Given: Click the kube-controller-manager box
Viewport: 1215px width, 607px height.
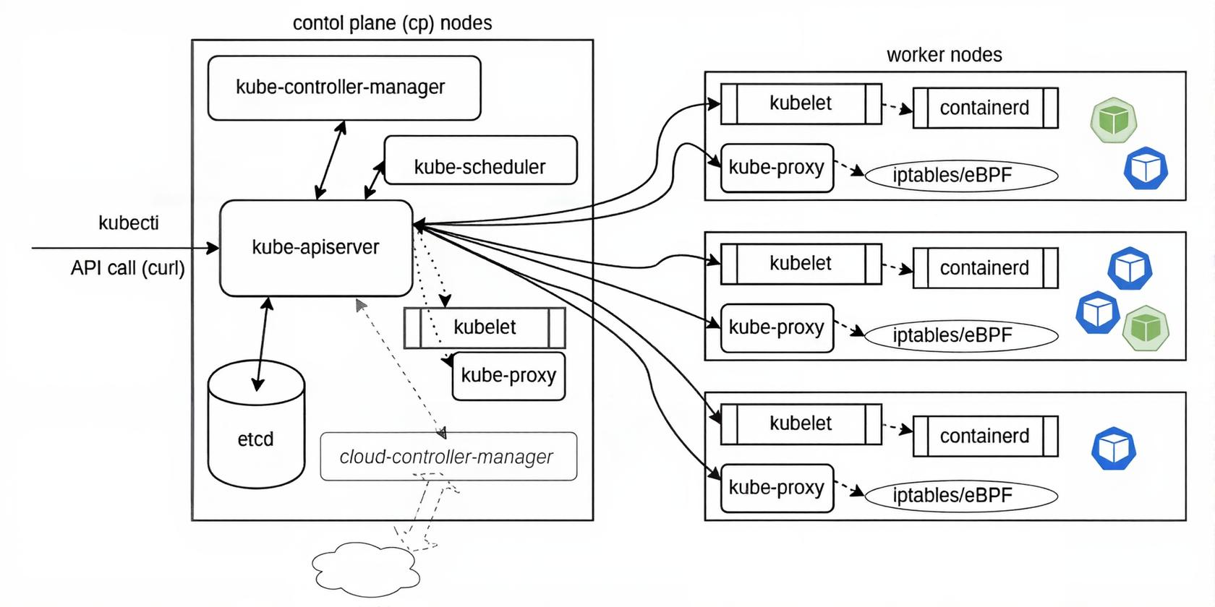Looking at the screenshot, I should coord(344,87).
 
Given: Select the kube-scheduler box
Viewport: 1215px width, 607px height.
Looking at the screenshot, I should coord(480,160).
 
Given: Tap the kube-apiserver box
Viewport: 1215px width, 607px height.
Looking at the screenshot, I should coord(316,248).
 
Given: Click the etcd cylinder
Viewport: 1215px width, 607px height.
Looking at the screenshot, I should coord(256,434).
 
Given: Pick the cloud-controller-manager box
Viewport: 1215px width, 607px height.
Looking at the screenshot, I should coord(448,457).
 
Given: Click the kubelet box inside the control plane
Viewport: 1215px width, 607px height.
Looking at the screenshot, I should coord(485,328).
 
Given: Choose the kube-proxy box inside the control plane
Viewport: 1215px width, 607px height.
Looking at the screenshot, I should coord(508,376).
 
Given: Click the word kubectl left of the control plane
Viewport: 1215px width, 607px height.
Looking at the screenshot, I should coord(129,223).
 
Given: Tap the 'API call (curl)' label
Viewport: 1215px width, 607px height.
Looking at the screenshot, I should coord(128,268).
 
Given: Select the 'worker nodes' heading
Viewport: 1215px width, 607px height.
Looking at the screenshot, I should coord(944,55).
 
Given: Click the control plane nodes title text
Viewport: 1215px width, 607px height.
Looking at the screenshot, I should coord(392,23).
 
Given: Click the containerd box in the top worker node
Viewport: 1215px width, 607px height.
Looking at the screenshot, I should coord(985,108).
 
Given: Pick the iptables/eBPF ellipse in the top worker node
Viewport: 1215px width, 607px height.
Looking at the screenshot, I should coord(961,176).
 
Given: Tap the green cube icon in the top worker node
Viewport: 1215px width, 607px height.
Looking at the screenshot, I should coord(1114,120).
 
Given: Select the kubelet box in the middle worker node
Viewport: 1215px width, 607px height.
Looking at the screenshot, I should coord(801,264).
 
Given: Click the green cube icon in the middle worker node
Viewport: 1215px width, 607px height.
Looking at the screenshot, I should coord(1146,328).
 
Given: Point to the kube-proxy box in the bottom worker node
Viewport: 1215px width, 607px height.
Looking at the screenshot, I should coord(777,488).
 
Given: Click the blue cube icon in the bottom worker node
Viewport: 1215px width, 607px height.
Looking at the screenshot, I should coord(1114,449).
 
